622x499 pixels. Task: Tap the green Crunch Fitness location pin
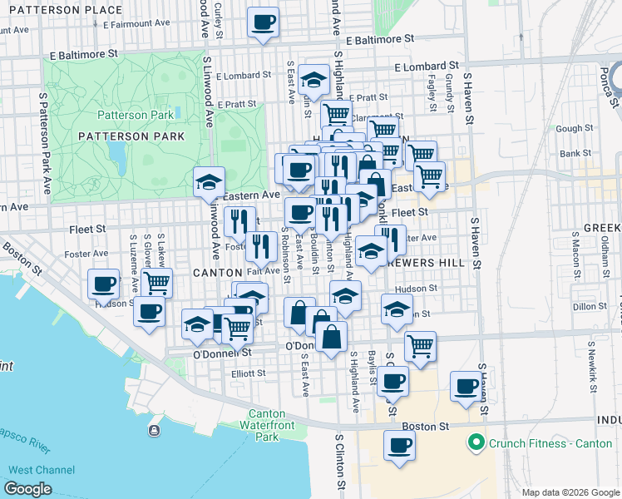click(x=476, y=442)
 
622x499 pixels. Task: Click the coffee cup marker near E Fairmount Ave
click(x=264, y=23)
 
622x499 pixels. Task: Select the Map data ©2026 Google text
click(x=570, y=492)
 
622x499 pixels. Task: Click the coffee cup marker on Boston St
click(x=399, y=445)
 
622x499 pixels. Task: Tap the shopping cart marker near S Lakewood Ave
click(x=156, y=284)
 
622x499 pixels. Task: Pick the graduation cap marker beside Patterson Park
click(x=209, y=182)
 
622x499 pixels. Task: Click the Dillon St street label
click(x=590, y=307)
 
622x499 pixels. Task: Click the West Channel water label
click(x=41, y=470)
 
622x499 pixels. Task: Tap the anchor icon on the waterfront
click(x=154, y=430)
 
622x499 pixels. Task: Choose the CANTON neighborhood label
click(x=217, y=272)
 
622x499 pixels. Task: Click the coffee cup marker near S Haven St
click(x=466, y=386)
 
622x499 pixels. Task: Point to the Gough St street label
click(x=570, y=129)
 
